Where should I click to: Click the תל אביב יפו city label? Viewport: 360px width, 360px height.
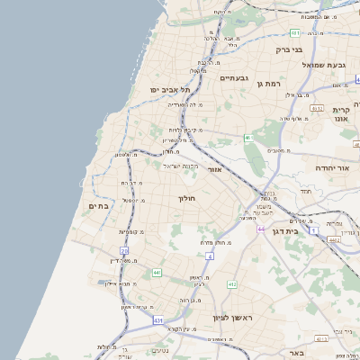pyautogui.click(x=171, y=90)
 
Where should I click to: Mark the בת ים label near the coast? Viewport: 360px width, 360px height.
pyautogui.click(x=97, y=206)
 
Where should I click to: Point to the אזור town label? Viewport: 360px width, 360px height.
pyautogui.click(x=214, y=169)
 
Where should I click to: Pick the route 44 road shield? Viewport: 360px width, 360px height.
pyautogui.click(x=261, y=230)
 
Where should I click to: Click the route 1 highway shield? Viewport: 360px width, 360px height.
pyautogui.click(x=314, y=231)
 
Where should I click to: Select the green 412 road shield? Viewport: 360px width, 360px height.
pyautogui.click(x=232, y=284)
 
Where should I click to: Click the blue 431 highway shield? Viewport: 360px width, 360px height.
pyautogui.click(x=158, y=319)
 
